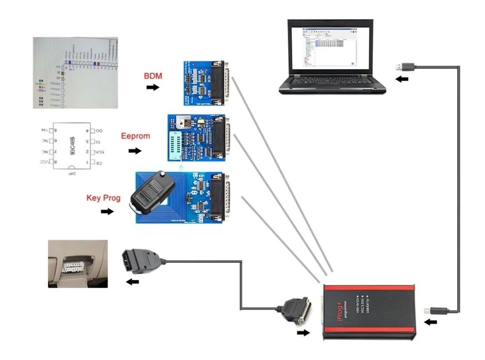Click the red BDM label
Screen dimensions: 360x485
tap(153, 76)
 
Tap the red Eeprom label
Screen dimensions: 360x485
tap(136, 136)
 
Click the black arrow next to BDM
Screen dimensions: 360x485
tap(153, 88)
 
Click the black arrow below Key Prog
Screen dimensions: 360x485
tap(107, 212)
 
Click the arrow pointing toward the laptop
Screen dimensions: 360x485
tap(400, 79)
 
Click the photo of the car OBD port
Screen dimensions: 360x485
tap(78, 263)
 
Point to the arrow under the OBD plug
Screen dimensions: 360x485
tap(132, 281)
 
